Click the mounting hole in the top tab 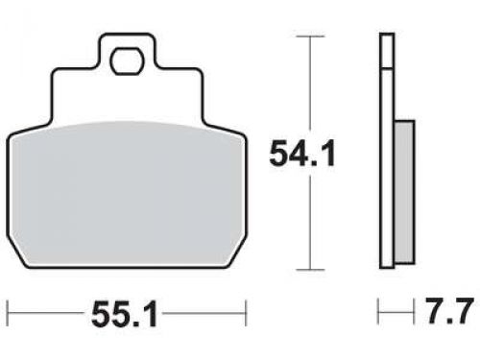click(125, 62)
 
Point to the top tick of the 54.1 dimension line click(307, 36)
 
